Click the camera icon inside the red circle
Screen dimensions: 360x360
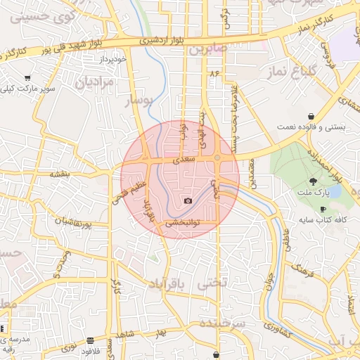(188, 201)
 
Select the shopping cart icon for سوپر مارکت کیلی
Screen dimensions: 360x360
(27, 78)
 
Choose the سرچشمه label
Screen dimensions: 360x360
(222, 323)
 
